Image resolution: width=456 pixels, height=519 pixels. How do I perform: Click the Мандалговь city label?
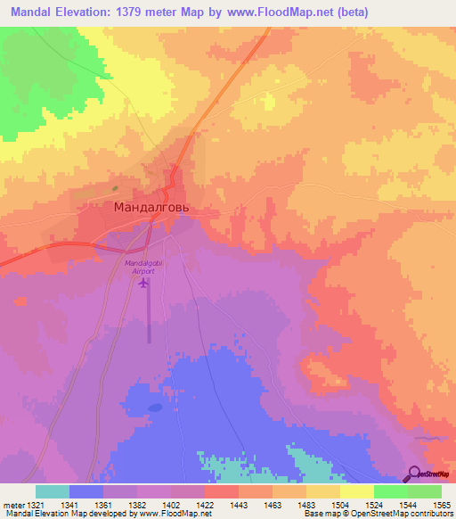click(x=151, y=207)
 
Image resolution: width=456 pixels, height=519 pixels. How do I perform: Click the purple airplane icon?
click(x=143, y=284)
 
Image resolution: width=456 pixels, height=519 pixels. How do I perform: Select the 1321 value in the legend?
click(x=31, y=505)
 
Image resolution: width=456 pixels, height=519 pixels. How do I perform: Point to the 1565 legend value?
click(x=442, y=505)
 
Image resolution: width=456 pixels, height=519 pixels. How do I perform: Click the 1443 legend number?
click(x=239, y=505)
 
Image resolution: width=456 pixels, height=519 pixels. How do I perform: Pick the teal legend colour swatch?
click(x=53, y=491)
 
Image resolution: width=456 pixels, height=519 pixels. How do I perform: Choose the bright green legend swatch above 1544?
click(x=391, y=491)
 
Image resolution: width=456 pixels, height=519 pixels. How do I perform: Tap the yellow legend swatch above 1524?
click(x=357, y=491)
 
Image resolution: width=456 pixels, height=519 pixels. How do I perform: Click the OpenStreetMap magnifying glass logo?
click(x=413, y=475)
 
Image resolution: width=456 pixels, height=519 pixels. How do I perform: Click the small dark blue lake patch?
click(x=156, y=407)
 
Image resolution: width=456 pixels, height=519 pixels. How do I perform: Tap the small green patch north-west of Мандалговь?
click(x=115, y=188)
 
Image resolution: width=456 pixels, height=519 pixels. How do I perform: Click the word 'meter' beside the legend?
click(x=12, y=505)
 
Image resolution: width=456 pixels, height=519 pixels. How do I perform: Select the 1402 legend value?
click(x=171, y=505)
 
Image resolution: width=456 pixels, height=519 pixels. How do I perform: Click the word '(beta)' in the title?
click(x=346, y=12)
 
